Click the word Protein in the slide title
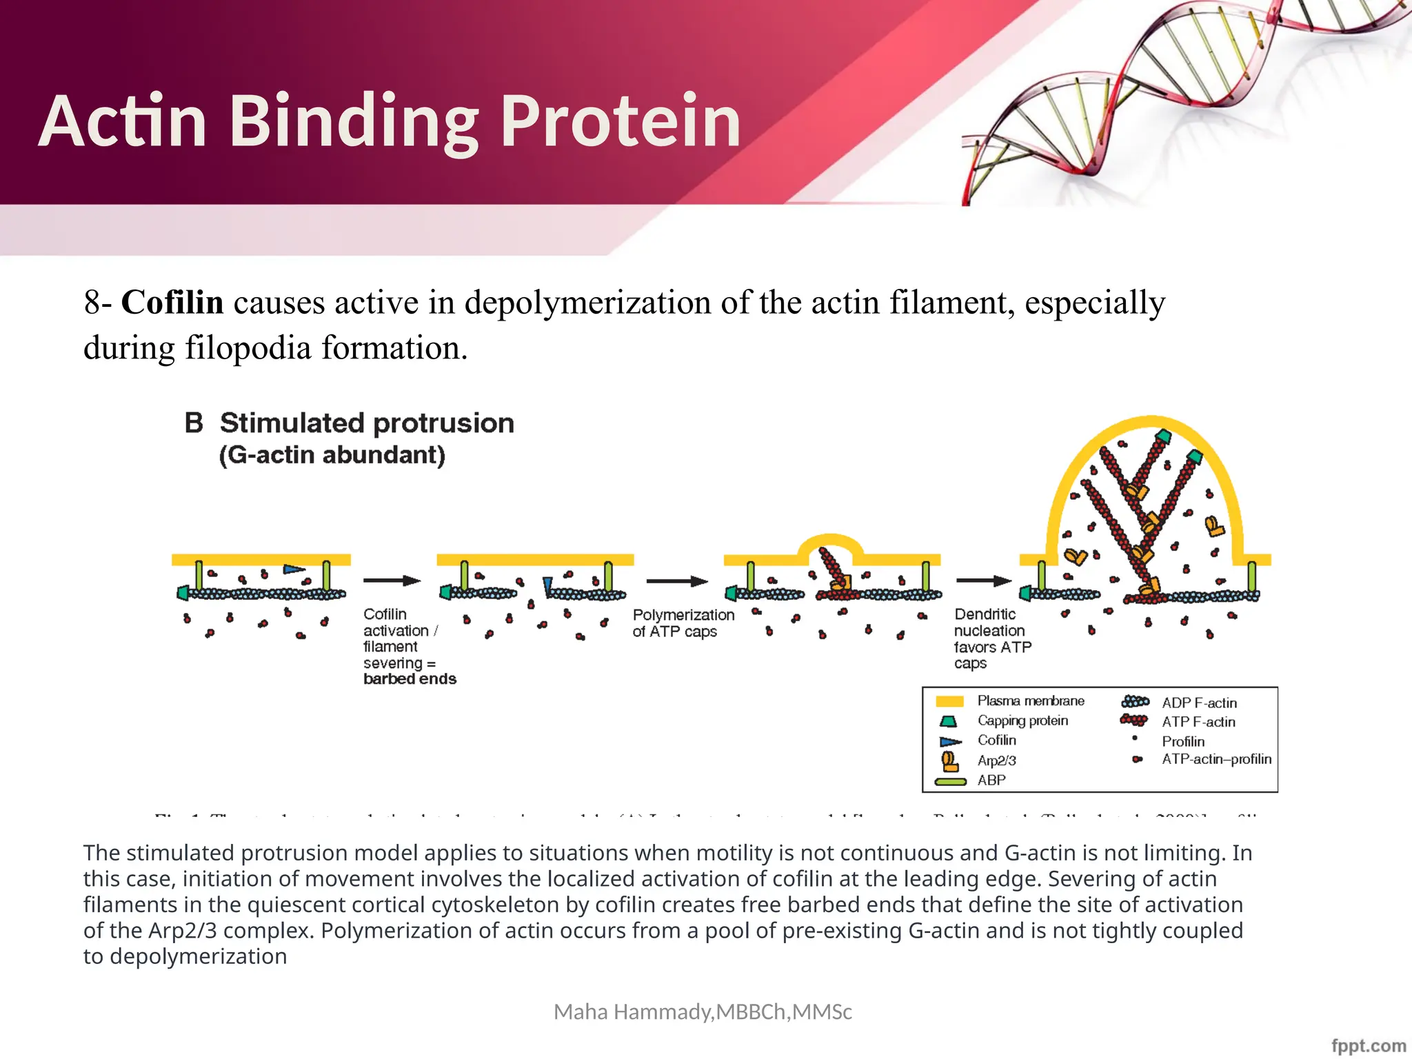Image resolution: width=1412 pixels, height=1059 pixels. pyautogui.click(x=620, y=122)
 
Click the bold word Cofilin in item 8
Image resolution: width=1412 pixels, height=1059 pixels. pyautogui.click(x=172, y=303)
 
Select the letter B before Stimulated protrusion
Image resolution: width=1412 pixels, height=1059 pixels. pyautogui.click(x=194, y=423)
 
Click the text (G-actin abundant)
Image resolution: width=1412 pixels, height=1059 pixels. pyautogui.click(x=332, y=455)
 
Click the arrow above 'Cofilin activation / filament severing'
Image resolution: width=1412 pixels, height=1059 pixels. pyautogui.click(x=392, y=581)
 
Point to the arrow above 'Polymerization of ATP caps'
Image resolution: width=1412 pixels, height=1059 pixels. pyautogui.click(x=676, y=581)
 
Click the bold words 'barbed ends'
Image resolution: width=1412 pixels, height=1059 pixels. pyautogui.click(x=410, y=679)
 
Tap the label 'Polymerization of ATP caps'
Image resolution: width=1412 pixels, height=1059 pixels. pyautogui.click(x=683, y=623)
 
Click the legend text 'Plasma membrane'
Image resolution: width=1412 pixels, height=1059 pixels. pyautogui.click(x=1030, y=701)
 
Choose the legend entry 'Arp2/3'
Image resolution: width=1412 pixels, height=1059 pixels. pyautogui.click(x=996, y=760)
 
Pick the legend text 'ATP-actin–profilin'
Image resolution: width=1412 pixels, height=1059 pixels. pyautogui.click(x=1216, y=759)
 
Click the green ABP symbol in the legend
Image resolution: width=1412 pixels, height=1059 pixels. pyautogui.click(x=950, y=782)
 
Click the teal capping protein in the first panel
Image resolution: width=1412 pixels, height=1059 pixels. pyautogui.click(x=183, y=592)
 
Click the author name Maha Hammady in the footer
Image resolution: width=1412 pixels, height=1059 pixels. pyautogui.click(x=634, y=1012)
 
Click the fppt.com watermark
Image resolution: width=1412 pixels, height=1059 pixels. pyautogui.click(x=1368, y=1045)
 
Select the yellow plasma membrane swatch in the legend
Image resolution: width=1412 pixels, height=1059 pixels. pyautogui.click(x=949, y=702)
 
